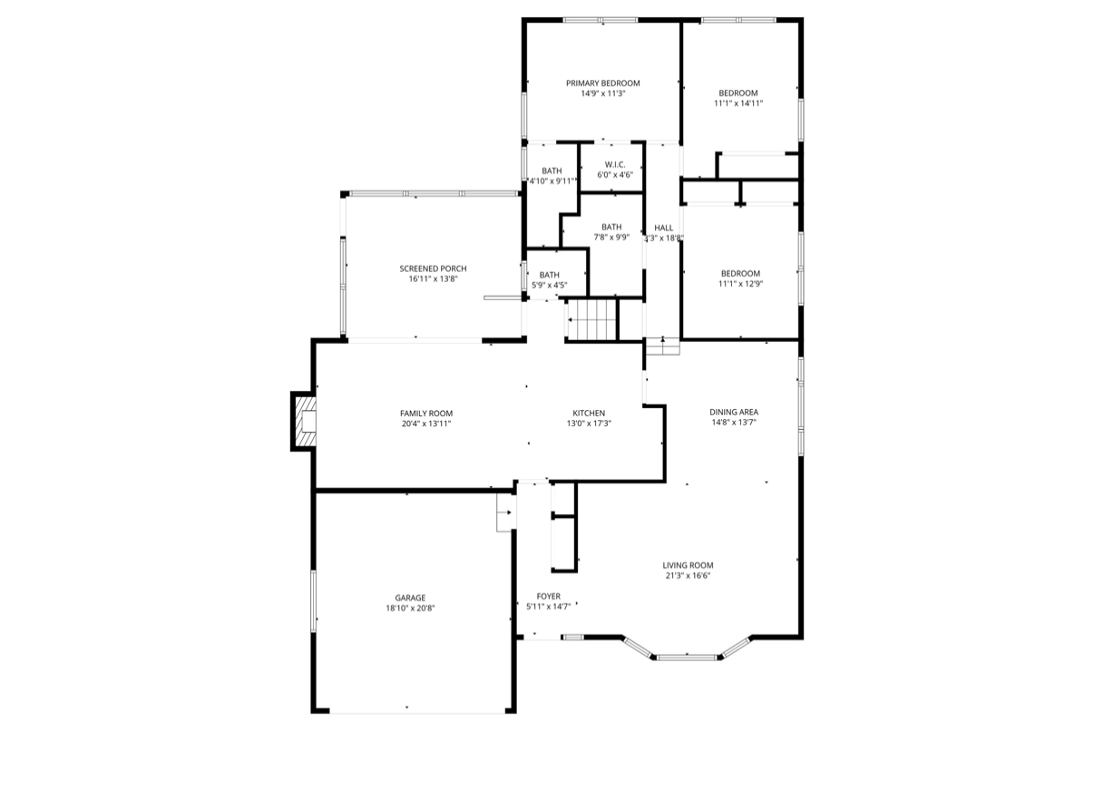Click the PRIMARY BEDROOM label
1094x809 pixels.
(603, 83)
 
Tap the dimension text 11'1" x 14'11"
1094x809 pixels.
(738, 103)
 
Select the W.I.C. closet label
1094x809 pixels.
(614, 164)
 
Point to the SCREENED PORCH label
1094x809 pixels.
(433, 268)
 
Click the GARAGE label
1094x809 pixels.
(410, 598)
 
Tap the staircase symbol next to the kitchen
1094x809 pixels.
(591, 320)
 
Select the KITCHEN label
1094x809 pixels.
(588, 413)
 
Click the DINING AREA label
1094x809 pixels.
(734, 412)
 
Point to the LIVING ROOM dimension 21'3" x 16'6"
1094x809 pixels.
(688, 575)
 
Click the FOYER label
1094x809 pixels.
(548, 596)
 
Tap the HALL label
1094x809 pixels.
(663, 228)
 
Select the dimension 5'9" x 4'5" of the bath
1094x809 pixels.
(550, 286)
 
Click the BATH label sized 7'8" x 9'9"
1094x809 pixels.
(610, 227)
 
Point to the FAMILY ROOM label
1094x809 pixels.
(426, 413)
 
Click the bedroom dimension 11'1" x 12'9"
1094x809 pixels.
(740, 284)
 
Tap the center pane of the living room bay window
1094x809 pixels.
(687, 656)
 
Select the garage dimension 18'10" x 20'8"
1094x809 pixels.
(410, 608)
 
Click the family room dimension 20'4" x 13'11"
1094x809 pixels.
(426, 424)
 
